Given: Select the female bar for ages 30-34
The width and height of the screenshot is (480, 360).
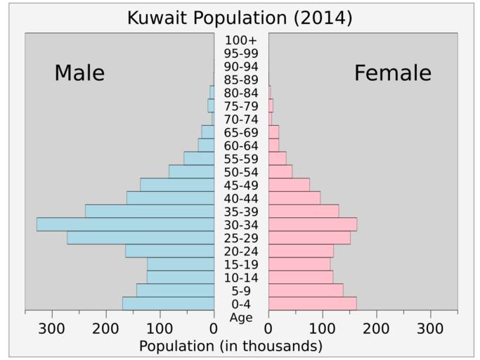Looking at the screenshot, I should click(x=313, y=224).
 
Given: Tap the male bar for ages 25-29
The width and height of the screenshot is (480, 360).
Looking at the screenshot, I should click(x=141, y=238).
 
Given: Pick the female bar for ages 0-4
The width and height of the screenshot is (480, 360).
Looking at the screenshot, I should click(x=313, y=304).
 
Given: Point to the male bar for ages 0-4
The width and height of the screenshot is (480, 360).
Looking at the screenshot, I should click(x=168, y=304).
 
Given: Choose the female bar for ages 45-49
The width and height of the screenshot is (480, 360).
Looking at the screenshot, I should click(x=289, y=185).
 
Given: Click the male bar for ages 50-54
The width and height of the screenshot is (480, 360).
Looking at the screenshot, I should click(x=191, y=172).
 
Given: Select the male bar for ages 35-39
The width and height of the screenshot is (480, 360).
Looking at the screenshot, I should click(x=150, y=211).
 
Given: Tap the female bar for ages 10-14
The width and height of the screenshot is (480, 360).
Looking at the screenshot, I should click(x=301, y=277).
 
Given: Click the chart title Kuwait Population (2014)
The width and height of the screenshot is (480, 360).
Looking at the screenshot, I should click(x=240, y=18).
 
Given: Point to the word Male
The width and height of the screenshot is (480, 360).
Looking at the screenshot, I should click(x=79, y=73).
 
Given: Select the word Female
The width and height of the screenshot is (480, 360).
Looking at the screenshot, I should click(x=392, y=73).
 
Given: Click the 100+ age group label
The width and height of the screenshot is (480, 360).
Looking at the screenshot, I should click(x=241, y=40).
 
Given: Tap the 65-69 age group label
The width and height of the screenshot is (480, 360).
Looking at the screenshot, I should click(x=241, y=132).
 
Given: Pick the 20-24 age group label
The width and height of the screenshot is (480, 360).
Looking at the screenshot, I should click(x=241, y=251).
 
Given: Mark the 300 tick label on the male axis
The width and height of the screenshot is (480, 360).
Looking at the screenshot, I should click(x=51, y=328).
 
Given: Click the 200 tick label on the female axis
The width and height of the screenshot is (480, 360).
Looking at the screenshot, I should click(x=377, y=328).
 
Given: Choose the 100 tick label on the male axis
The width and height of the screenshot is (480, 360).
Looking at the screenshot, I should click(x=160, y=328).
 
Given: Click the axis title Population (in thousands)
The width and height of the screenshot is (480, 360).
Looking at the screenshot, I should click(x=231, y=346).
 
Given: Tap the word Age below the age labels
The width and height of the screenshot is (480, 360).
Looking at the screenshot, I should click(x=241, y=317).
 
